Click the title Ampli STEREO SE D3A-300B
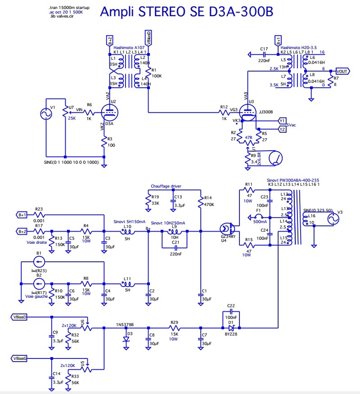[185, 12]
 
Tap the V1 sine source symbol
[46, 114]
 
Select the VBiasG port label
[20, 358]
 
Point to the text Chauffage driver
[166, 185]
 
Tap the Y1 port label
[282, 121]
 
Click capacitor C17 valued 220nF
[264, 54]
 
